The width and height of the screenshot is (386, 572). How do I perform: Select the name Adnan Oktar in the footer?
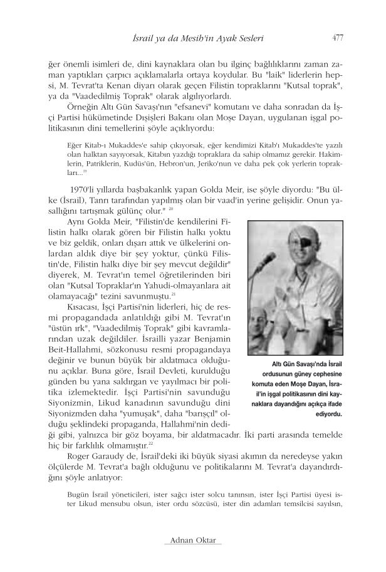[192, 539]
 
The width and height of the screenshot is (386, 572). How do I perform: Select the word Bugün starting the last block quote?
[78, 493]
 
